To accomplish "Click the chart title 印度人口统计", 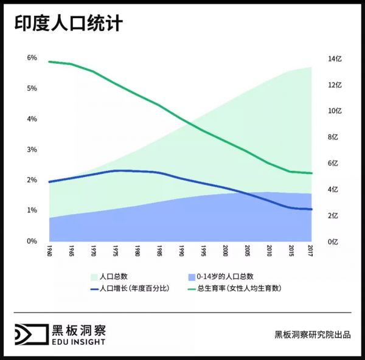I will click(69, 24).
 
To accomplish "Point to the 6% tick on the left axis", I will click(32, 58).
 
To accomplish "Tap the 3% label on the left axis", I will click(32, 150).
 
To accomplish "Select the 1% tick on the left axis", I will click(32, 210).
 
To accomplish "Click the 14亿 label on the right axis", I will click(336, 59).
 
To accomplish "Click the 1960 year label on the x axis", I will click(49, 251).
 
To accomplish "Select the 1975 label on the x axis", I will click(116, 251).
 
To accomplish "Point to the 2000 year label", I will click(225, 251).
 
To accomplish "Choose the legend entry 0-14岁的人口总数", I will click(225, 276).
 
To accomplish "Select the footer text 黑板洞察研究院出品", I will click(313, 335).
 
